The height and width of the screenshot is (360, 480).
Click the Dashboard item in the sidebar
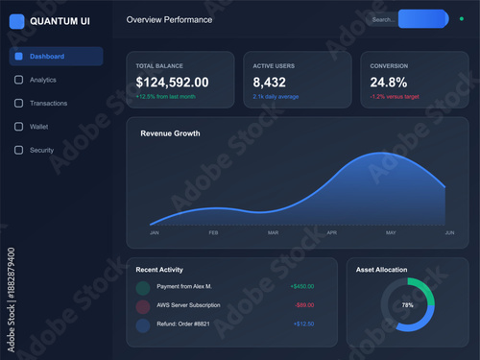coord(56,57)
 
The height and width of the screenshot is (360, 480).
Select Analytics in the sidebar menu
coord(43,80)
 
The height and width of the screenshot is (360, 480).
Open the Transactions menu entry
coord(48,103)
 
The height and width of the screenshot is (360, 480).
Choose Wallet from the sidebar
coord(38,126)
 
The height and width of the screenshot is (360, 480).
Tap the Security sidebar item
coord(41,150)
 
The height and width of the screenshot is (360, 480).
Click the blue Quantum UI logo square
coord(17,20)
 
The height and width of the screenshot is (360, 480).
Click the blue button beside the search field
coord(422,19)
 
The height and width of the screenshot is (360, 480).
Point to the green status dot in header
coord(462,18)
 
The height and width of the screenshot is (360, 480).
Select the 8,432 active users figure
coord(270,83)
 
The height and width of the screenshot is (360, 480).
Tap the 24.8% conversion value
coord(389,83)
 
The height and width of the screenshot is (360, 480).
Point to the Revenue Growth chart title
coord(170,133)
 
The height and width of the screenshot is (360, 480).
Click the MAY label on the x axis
coord(391,233)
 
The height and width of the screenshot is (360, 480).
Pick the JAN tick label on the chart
coord(155,233)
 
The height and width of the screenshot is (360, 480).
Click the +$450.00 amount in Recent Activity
coord(301,286)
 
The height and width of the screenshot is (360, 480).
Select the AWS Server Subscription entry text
coord(188,305)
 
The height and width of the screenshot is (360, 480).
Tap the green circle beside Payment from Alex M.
coord(143,287)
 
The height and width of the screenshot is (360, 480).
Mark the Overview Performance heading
coord(170,19)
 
